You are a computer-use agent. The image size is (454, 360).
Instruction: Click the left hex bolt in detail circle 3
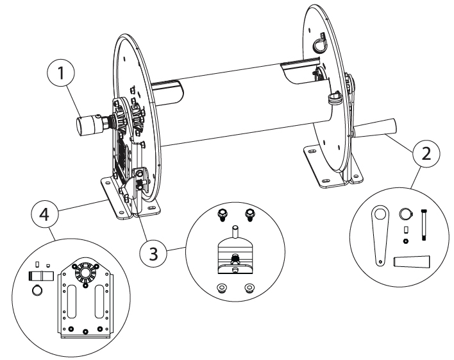point(221,213)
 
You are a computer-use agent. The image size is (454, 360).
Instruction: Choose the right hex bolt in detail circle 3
point(249,213)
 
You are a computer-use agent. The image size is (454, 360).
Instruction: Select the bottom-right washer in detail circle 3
point(249,287)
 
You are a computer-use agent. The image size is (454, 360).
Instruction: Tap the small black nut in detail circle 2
point(405,241)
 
